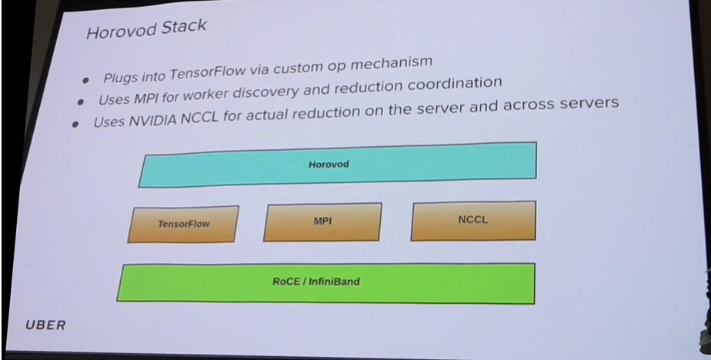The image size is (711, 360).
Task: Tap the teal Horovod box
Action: (337, 164)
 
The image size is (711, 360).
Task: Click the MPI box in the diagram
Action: (322, 221)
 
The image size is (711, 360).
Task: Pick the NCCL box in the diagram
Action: (473, 219)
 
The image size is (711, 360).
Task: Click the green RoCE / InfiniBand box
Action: (325, 282)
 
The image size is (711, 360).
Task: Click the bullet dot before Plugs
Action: (85, 79)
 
